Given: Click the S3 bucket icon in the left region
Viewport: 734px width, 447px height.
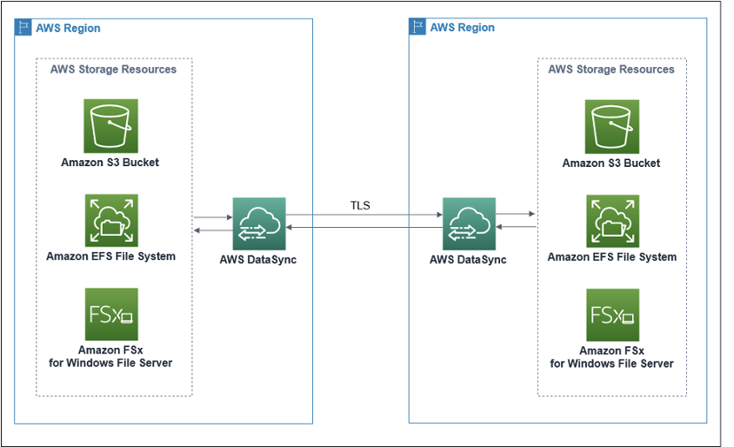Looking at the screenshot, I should point(110,125).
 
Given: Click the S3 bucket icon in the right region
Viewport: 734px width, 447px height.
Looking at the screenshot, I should point(611,126).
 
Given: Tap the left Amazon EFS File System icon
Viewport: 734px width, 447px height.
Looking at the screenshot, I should point(110,220).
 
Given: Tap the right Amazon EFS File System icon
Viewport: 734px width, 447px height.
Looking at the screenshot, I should point(611,221).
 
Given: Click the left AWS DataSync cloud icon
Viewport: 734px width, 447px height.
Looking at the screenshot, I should point(259,223).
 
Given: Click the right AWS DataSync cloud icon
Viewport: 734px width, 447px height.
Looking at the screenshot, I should point(469,223).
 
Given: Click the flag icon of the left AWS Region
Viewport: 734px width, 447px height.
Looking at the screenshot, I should point(23,27).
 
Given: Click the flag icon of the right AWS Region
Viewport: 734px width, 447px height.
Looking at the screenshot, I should point(418,27).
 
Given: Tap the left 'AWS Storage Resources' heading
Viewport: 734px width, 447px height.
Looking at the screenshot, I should point(113,69).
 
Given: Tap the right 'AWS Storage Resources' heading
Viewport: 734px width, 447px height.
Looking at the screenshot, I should point(611,69).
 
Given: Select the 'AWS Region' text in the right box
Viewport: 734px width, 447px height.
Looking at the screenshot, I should point(462,28).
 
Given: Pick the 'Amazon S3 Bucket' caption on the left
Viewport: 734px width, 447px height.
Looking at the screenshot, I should point(110,163).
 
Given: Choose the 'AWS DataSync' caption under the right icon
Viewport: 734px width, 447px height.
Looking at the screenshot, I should point(469,259).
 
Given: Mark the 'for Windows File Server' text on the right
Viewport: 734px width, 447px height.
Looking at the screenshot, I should point(611,364).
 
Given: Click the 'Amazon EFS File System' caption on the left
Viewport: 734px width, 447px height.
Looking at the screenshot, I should point(110,257).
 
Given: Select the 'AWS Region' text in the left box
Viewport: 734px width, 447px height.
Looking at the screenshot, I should point(68,28).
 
